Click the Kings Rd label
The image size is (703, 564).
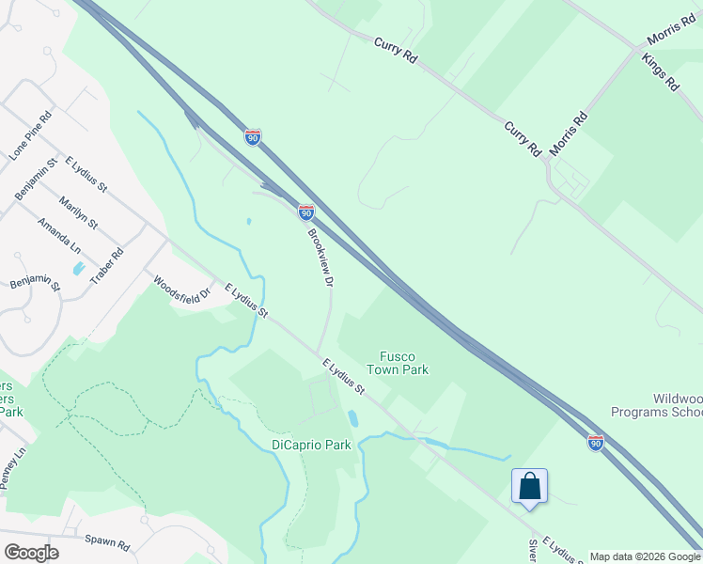tap(661, 71)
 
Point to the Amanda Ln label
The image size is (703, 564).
tap(58, 236)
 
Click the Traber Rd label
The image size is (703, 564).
tap(109, 267)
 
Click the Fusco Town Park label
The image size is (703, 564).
tap(404, 363)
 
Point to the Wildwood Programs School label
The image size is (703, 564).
tap(656, 405)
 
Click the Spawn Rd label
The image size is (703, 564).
tap(105, 540)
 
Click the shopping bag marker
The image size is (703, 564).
tap(530, 487)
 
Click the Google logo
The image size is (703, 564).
tap(31, 552)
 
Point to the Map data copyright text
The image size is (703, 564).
tap(645, 556)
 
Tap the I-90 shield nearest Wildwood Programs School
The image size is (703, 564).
tap(596, 442)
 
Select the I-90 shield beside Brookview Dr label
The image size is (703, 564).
tap(306, 211)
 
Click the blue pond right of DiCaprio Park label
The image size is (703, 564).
tap(353, 417)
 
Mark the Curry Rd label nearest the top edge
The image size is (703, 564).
tap(395, 51)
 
